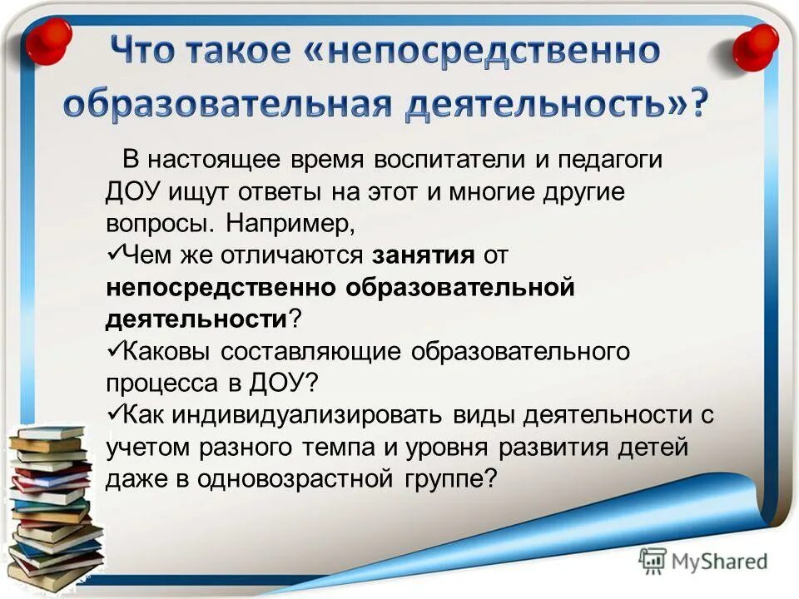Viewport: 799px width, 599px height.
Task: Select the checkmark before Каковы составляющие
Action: pos(115,348)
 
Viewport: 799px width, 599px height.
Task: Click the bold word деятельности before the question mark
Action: pos(196,319)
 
